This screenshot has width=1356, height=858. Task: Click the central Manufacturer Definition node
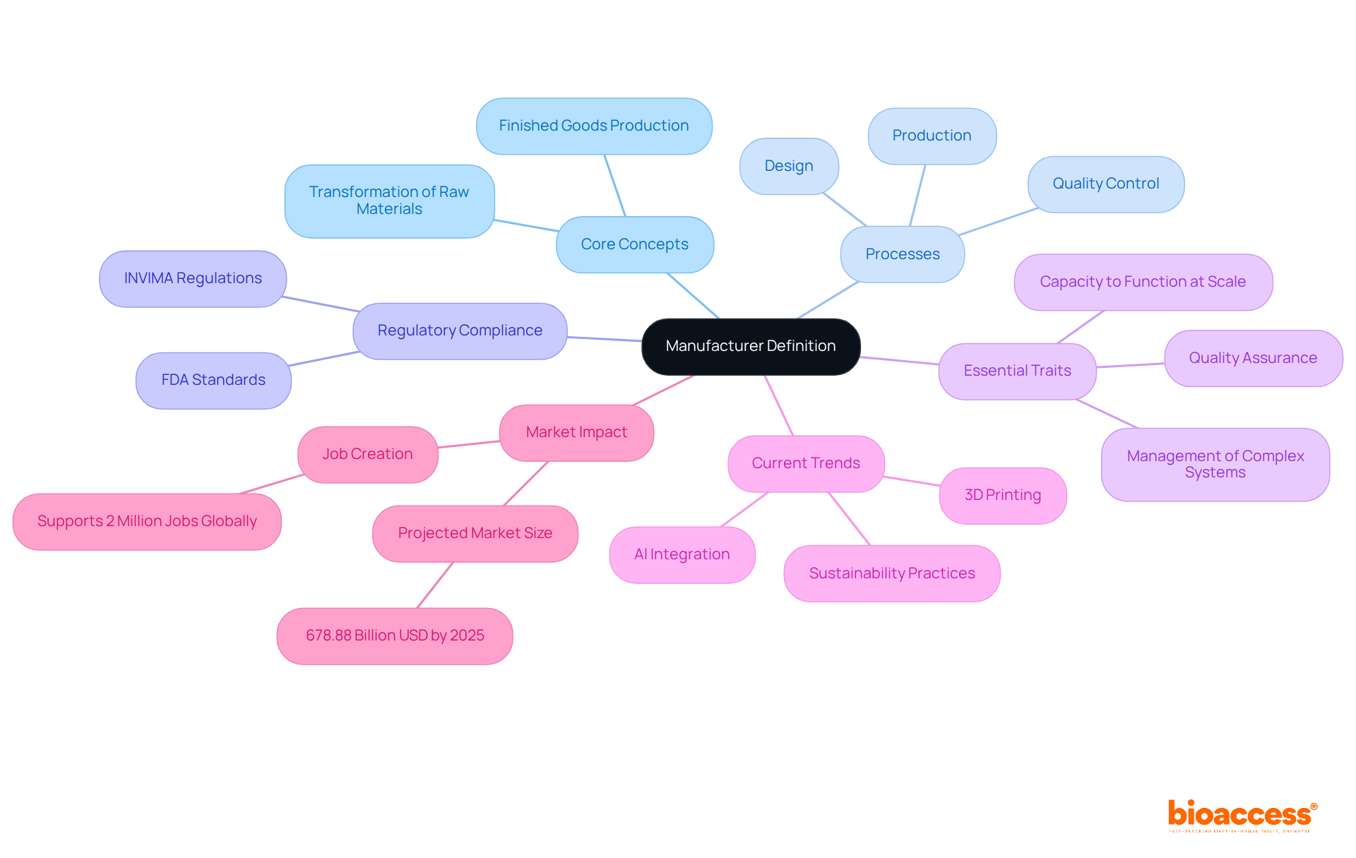pos(751,346)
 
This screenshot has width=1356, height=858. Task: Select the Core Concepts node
pos(634,244)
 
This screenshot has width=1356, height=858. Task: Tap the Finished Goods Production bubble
pos(593,126)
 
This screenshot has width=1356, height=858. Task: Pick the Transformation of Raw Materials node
pos(389,201)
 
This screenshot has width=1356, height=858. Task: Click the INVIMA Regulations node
pos(193,278)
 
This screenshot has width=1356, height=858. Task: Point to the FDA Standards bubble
pos(213,380)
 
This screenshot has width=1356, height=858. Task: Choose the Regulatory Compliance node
pos(460,330)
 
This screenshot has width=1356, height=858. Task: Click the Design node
pos(789,166)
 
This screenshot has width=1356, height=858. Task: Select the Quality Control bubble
pos(1105,184)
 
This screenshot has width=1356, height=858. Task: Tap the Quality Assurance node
pos(1252,358)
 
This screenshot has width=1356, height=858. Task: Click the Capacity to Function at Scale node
pos(1143,282)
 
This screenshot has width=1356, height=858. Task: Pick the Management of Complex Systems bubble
pos(1215,464)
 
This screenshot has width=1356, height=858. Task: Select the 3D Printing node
pos(1002,495)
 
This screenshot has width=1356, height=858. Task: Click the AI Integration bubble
pos(682,554)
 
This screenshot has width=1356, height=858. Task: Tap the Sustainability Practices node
pos(891,573)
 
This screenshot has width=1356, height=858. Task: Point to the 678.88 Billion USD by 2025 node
pos(395,636)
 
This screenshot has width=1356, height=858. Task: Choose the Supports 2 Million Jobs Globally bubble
pos(147,521)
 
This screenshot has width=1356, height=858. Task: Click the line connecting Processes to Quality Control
pos(998,222)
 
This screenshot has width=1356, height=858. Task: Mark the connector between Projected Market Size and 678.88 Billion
pos(435,585)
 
